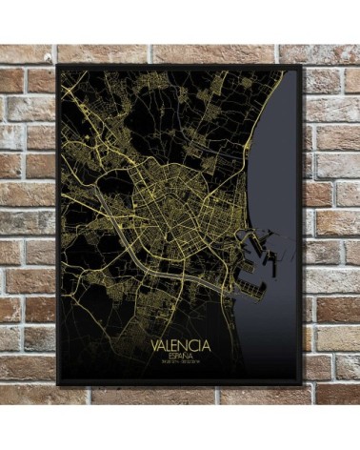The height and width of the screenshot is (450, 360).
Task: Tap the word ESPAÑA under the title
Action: [x=178, y=354]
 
